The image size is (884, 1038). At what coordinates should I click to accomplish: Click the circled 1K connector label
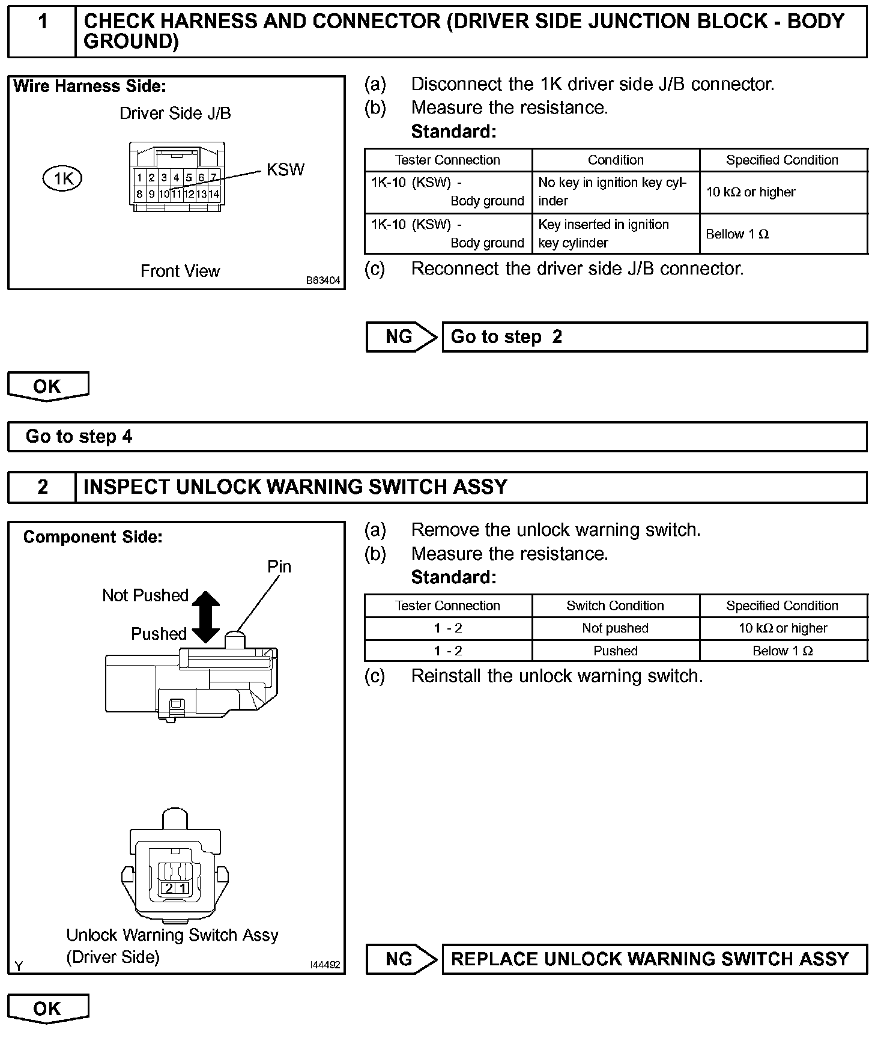point(62,178)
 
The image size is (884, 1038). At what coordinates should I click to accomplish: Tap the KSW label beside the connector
point(285,170)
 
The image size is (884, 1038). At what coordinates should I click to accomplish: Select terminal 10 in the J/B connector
point(164,194)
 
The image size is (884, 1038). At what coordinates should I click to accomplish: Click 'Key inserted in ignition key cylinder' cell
point(615,234)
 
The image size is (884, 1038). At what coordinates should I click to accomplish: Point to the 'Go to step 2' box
point(655,337)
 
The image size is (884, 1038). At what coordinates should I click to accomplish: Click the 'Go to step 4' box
point(437,437)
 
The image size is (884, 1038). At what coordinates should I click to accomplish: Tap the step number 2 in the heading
point(43,487)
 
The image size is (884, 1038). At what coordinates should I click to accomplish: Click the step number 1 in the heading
point(43,22)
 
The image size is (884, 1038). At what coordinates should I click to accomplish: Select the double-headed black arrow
point(206,616)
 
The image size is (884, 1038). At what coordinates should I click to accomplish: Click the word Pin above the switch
point(279,566)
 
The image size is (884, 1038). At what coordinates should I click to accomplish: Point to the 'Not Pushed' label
point(145,595)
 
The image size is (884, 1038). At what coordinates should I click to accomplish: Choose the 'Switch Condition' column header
point(615,605)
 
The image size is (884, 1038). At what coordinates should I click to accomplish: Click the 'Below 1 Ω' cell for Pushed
point(783,651)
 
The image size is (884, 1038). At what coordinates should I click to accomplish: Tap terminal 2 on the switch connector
point(169,888)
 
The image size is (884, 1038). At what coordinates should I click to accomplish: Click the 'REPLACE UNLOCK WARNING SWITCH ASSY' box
point(655,959)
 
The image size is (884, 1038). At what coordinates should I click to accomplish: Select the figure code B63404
point(323,281)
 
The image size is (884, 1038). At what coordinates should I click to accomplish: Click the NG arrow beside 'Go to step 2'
point(401,337)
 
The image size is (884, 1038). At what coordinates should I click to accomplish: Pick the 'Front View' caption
point(180,271)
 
